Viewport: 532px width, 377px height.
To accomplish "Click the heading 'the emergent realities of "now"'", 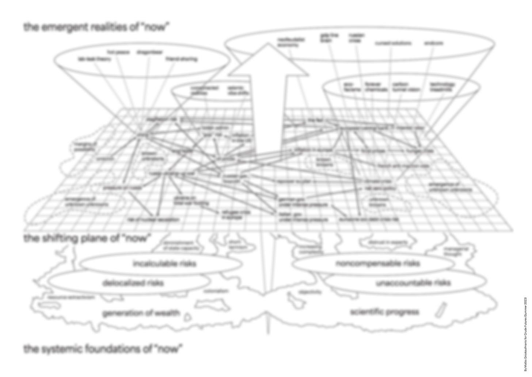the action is point(97,27).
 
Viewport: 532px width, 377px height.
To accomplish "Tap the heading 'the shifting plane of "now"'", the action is point(87,238).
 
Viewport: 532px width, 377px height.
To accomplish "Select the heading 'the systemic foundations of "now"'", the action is point(103,349).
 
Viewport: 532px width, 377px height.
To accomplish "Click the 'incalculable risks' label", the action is point(164,263).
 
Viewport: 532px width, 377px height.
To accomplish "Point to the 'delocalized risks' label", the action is point(133,283).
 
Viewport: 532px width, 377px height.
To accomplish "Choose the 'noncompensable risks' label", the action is point(377,263).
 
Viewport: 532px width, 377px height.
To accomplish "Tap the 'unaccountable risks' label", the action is point(413,283).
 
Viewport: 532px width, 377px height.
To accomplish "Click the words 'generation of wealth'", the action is point(141,313).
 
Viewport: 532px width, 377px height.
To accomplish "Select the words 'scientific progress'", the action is point(384,312).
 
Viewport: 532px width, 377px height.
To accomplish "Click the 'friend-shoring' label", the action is point(182,59).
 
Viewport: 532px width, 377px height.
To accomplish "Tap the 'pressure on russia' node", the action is point(117,188).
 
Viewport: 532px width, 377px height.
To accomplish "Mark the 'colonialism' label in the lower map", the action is point(216,291).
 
